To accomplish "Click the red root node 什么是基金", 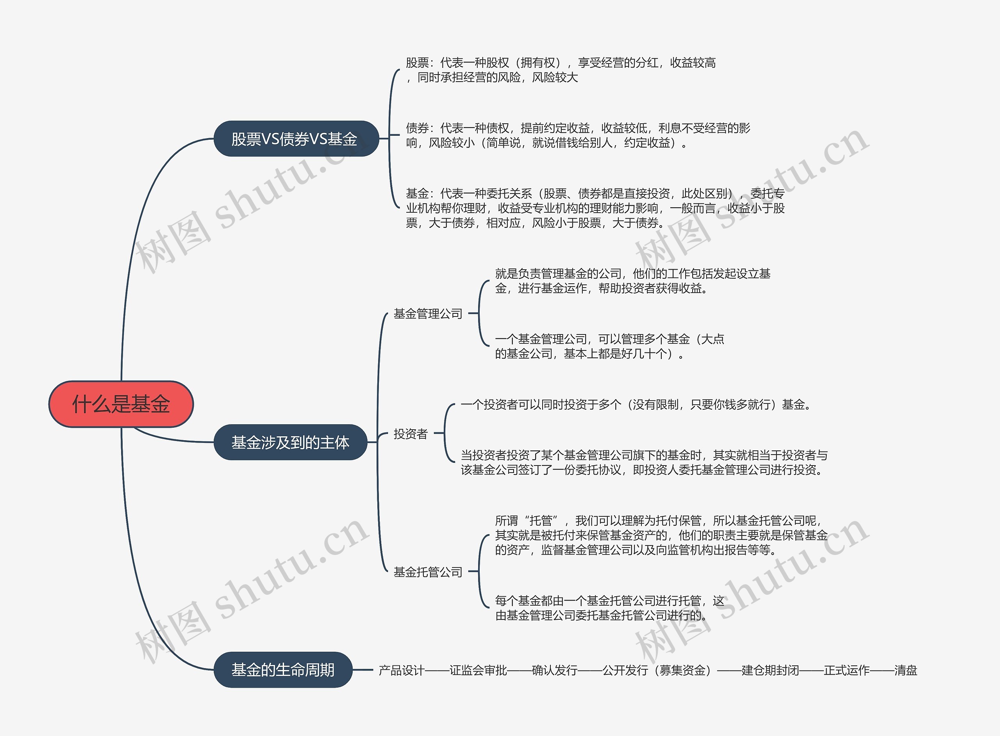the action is (121, 404).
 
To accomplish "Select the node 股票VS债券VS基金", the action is (294, 139).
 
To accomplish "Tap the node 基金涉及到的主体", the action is (290, 443).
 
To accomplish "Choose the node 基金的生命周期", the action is (283, 670).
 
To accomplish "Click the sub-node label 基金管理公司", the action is (428, 314).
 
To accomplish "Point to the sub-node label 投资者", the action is (410, 434).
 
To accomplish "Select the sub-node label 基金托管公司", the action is (428, 572).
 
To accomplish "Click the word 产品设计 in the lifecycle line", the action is (401, 670).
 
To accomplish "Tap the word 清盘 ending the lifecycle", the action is (905, 670).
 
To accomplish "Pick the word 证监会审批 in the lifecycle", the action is (478, 670).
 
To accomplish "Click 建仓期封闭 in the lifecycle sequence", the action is (770, 670).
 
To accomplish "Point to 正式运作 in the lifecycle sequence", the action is (846, 670).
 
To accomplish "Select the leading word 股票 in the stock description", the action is (417, 63).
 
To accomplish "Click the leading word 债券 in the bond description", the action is (417, 128).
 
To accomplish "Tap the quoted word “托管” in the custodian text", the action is (541, 520).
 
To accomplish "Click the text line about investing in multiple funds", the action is (635, 405).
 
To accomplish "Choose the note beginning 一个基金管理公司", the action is (609, 346).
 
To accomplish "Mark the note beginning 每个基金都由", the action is (609, 608).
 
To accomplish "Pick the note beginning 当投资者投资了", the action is (644, 462).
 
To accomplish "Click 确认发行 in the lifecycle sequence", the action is (555, 670).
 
